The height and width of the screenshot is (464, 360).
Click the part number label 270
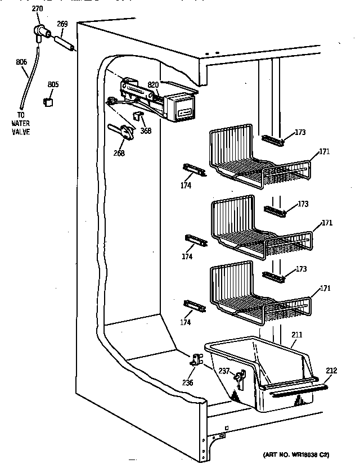tap(37, 8)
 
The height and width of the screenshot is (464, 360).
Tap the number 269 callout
tap(62, 24)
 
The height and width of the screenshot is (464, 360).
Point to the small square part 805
tap(48, 102)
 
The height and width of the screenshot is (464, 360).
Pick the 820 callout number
tap(153, 85)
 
